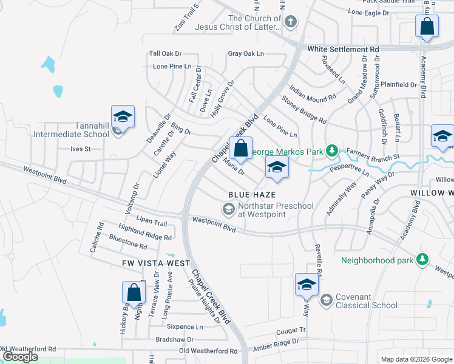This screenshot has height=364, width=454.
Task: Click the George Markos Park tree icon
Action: click(x=331, y=150)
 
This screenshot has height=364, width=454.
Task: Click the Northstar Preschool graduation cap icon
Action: click(x=229, y=210)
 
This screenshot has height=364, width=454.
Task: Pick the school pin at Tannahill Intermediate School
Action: click(x=122, y=117)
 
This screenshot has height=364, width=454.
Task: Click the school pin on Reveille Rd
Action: click(x=307, y=285)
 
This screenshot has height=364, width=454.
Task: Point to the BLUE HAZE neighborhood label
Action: click(x=252, y=195)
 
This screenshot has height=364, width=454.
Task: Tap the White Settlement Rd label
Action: click(x=343, y=49)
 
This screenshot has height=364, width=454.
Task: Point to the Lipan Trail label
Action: click(x=152, y=223)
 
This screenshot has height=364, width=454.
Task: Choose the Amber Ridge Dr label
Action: click(x=276, y=343)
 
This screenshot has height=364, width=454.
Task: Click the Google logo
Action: click(x=20, y=357)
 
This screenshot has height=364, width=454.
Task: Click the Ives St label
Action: click(x=80, y=149)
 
